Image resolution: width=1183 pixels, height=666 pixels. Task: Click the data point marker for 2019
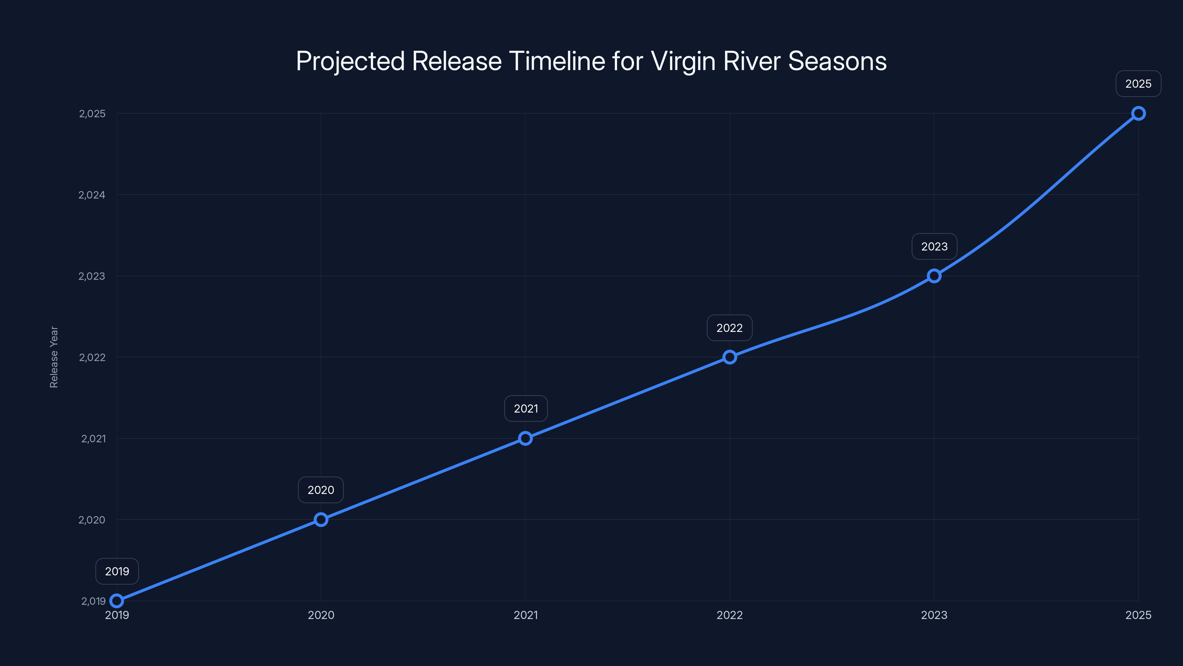pos(117,601)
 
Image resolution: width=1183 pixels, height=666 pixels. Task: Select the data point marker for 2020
pos(321,520)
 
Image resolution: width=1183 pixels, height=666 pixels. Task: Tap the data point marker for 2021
pos(525,438)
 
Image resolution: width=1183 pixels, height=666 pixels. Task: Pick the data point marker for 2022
pos(730,357)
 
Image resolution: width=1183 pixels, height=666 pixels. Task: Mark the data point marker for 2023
pos(934,276)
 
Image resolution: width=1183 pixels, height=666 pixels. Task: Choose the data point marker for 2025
pos(1139,114)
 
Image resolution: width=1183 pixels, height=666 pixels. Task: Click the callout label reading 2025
pos(1139,84)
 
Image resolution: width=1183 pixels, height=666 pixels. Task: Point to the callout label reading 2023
pos(934,246)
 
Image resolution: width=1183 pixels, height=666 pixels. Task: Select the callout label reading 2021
pos(526,408)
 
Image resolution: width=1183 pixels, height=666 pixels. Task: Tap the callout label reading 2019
pos(117,571)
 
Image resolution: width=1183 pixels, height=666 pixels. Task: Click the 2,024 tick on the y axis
pos(92,195)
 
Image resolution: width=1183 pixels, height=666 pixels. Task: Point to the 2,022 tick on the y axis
pos(92,357)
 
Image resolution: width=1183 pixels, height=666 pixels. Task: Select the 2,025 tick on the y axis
pos(92,114)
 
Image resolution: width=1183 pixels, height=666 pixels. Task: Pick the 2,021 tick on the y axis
pos(93,438)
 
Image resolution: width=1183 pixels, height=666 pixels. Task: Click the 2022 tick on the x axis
pos(730,615)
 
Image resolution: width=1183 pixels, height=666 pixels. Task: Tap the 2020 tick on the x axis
pos(321,615)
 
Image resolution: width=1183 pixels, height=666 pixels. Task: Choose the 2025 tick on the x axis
pos(1139,615)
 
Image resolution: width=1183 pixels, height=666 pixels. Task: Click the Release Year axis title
pos(54,357)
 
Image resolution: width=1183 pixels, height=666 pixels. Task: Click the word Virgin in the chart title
pos(683,61)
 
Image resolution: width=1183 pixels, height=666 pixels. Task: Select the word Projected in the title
pos(350,61)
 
